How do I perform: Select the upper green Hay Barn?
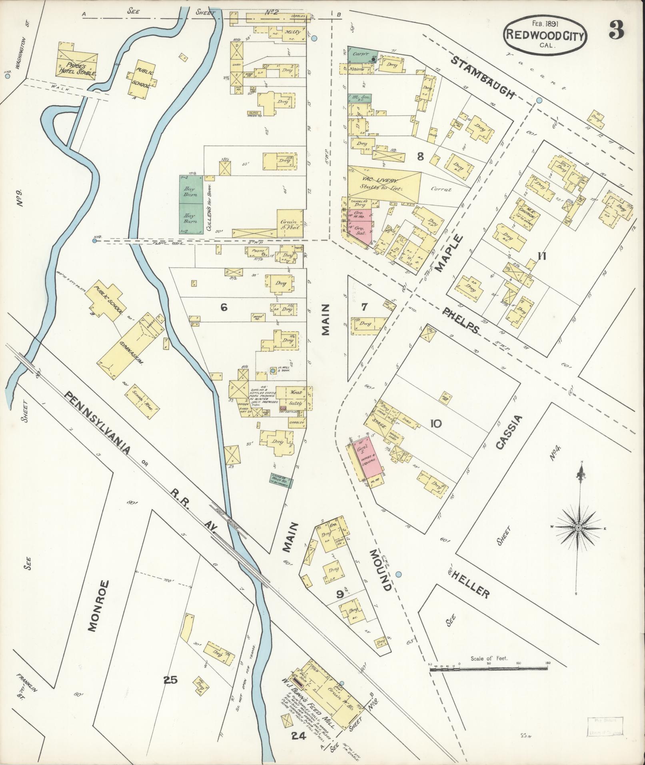190,189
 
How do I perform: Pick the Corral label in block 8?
441,190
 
